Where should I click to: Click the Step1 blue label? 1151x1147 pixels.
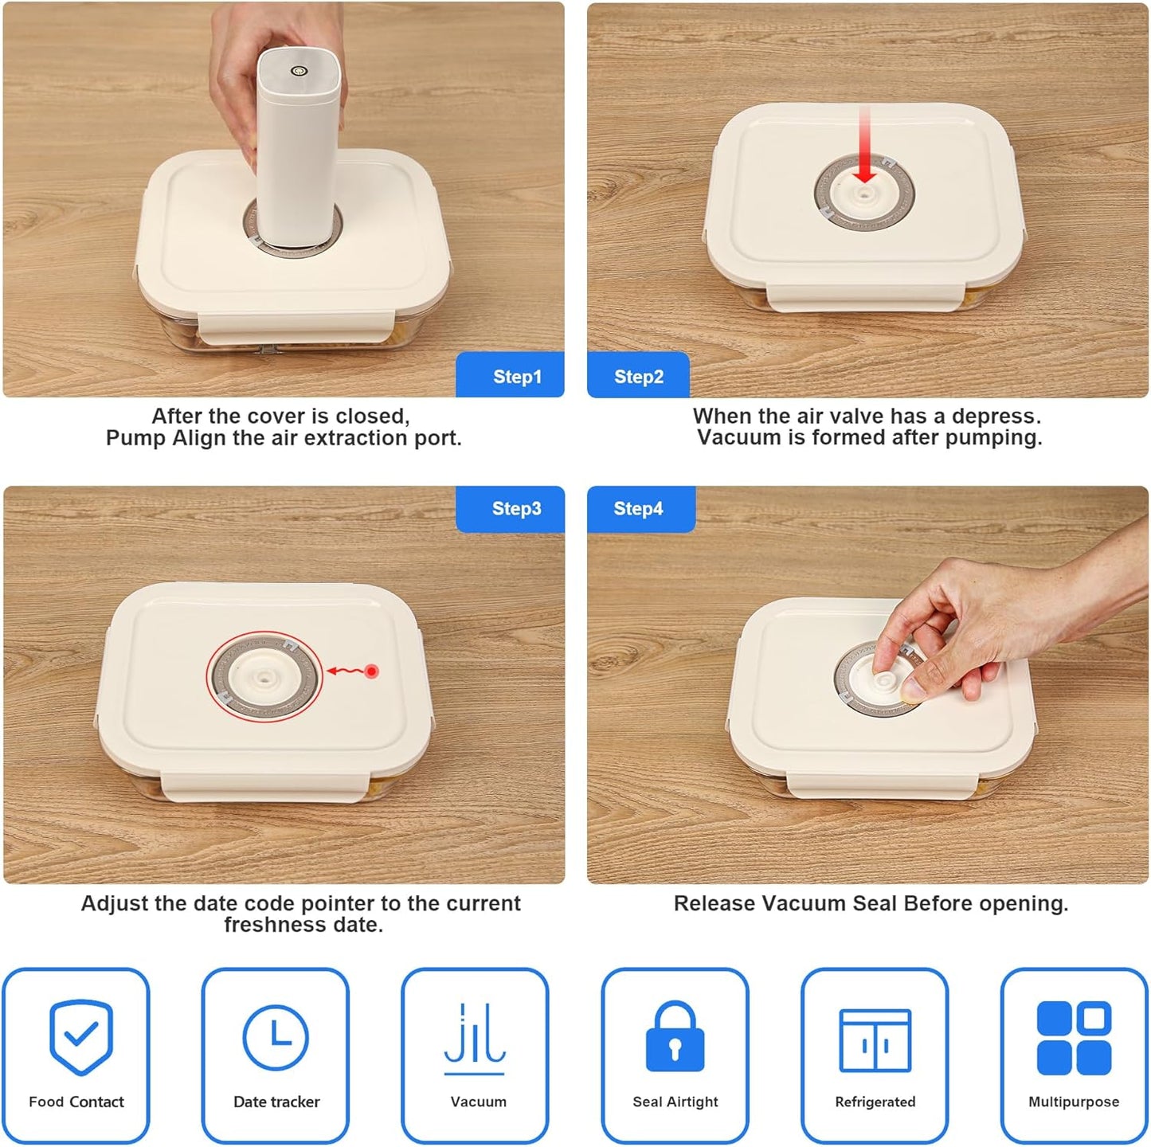510,374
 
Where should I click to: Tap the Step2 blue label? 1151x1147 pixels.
639,374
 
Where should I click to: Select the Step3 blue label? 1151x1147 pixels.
510,508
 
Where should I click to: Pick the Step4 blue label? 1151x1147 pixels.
641,508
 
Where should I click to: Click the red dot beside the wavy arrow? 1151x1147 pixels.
371,671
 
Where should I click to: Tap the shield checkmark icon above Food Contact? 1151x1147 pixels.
81,1037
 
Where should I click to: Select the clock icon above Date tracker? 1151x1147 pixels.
276,1038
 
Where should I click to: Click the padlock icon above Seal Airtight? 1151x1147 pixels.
675,1036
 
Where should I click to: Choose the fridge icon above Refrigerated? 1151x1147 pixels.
875,1040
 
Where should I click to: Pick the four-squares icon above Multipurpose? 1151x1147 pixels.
1074,1038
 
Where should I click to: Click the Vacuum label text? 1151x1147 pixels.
479,1102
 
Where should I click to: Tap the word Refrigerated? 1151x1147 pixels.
875,1102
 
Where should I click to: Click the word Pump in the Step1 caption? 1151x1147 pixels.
135,439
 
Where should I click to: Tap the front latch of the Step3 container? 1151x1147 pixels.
264,787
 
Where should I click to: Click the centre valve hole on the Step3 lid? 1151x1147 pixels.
264,677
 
